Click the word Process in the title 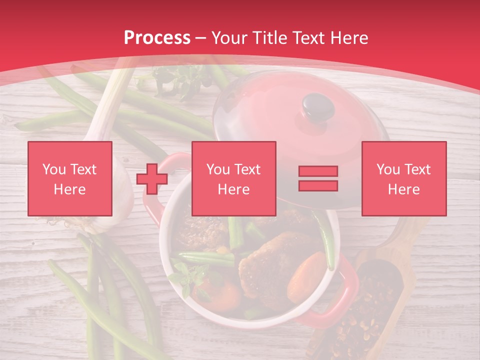click(157, 38)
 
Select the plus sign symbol click(152, 179)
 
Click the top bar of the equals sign click(318, 171)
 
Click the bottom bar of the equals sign click(318, 185)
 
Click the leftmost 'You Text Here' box click(69, 178)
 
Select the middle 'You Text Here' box click(233, 178)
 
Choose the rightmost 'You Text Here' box click(403, 178)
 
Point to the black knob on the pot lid click(318, 105)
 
